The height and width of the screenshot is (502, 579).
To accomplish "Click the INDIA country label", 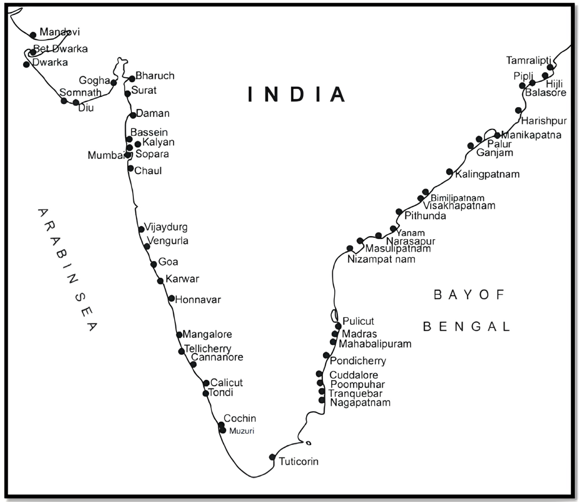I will [x=297, y=94].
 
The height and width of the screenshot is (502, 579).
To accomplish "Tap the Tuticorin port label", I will [x=299, y=461].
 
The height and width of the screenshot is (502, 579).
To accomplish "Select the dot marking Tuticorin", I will [x=272, y=457].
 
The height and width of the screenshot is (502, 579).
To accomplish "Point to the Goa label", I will [x=168, y=262].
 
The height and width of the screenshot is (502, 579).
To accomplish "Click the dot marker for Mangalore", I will [x=179, y=335].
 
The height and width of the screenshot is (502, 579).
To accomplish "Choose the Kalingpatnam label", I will [x=487, y=174].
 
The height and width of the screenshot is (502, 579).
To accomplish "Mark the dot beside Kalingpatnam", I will [x=449, y=171].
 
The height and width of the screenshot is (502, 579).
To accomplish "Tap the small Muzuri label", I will [x=242, y=431].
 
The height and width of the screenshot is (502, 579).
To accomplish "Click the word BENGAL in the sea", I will [x=466, y=327].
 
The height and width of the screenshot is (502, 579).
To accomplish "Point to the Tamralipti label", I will [x=528, y=61].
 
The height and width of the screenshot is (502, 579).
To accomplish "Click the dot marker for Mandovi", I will [x=33, y=34].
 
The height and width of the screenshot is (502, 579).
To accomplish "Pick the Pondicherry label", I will [x=358, y=361].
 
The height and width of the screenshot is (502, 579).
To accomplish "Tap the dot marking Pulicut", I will [x=338, y=326].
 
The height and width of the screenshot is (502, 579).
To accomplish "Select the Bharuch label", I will [x=155, y=76].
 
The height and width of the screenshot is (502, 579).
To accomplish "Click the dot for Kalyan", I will [x=138, y=144].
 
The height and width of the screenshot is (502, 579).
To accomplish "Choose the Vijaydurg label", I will [x=166, y=227].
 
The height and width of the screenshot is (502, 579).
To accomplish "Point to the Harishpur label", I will [x=544, y=121].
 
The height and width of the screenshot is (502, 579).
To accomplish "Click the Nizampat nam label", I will [x=381, y=259].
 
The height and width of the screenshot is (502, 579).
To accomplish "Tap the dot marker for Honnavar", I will [x=171, y=298].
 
